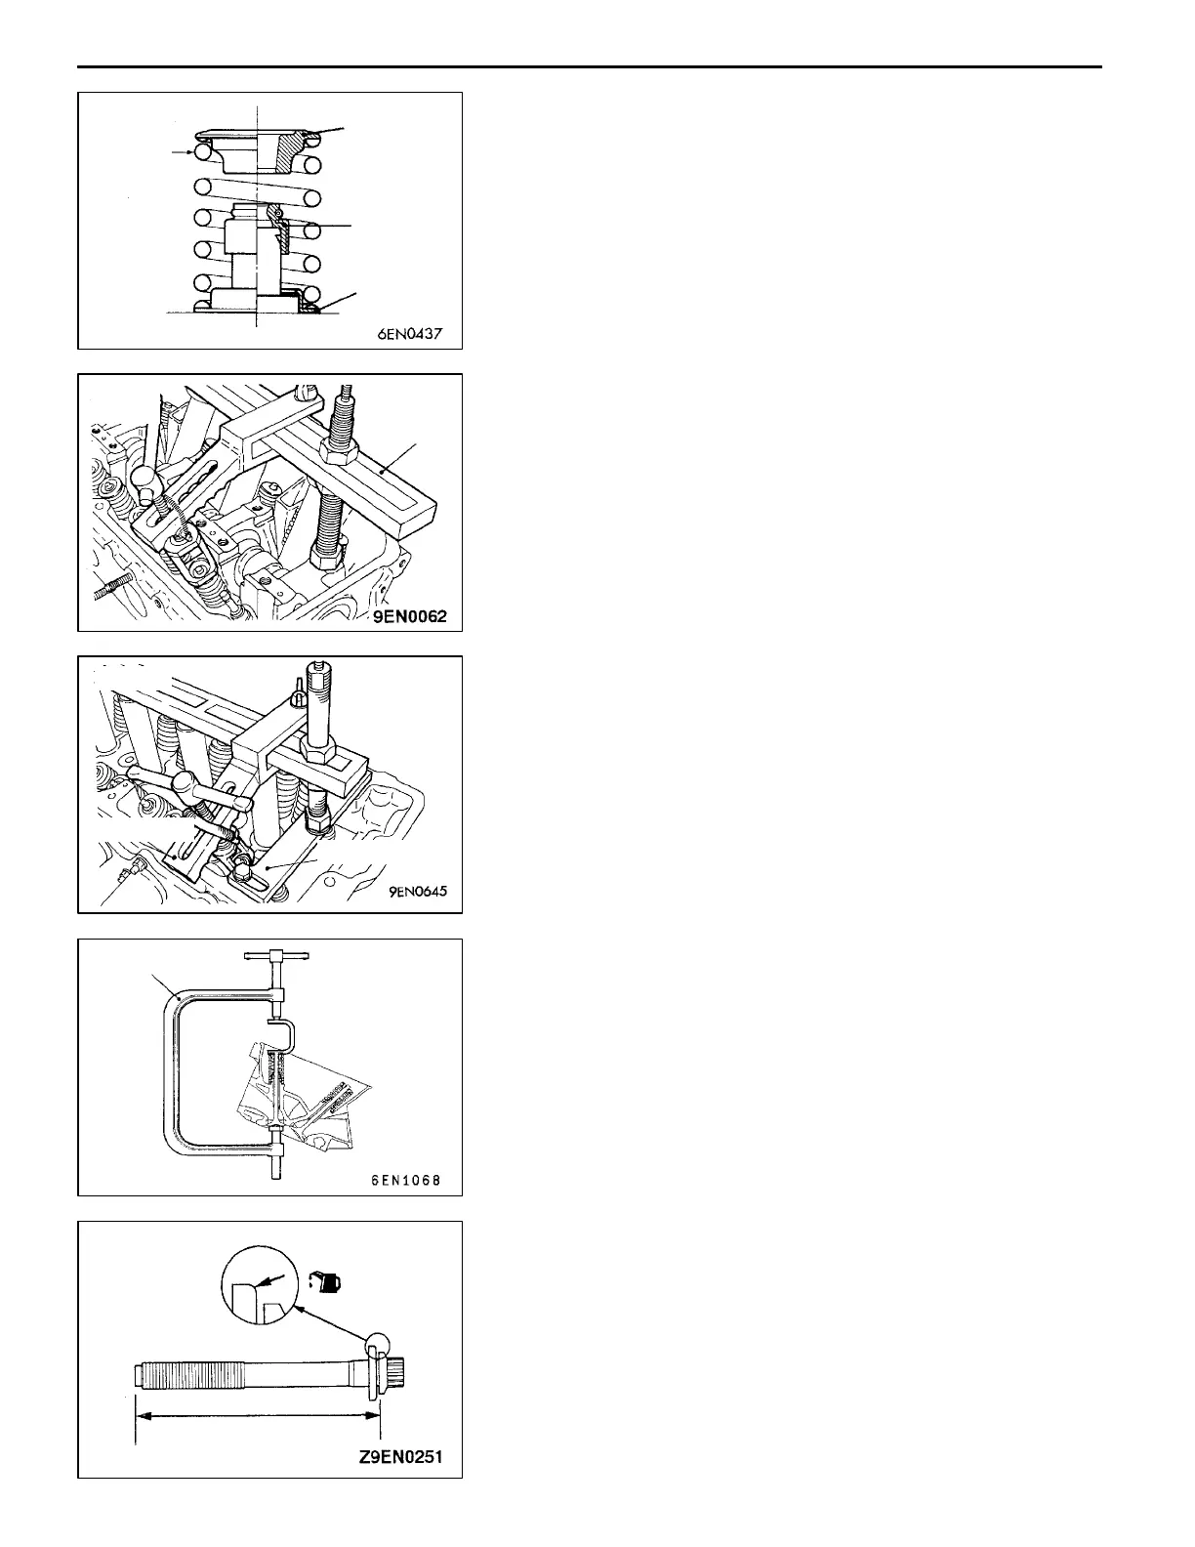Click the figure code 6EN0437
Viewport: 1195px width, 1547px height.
pyautogui.click(x=410, y=333)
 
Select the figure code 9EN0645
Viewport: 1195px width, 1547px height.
pyautogui.click(x=410, y=891)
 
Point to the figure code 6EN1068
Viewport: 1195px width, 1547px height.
pyautogui.click(x=406, y=1180)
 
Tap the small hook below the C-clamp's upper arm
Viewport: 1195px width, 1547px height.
pyautogui.click(x=285, y=1030)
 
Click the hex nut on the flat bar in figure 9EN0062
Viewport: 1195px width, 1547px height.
pyautogui.click(x=338, y=450)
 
